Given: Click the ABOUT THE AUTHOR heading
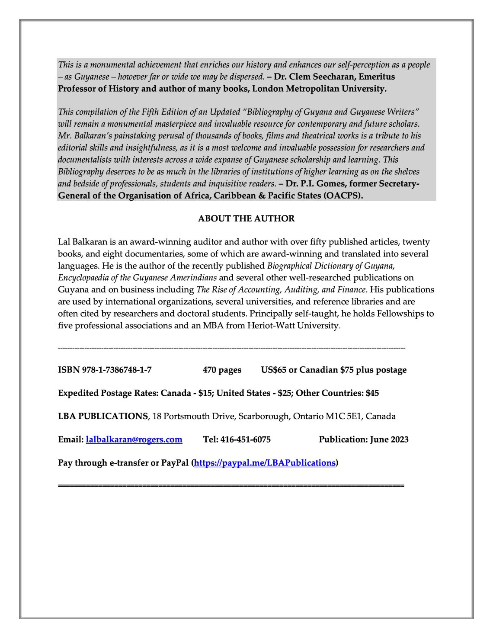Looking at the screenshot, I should [246, 219].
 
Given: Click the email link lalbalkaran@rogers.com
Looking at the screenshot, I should [134, 440].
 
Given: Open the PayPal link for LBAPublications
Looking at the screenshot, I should [265, 463].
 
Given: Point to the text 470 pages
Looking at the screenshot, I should [222, 370].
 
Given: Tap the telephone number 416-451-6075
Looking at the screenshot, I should [245, 440].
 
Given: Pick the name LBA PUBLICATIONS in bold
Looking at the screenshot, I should [103, 417].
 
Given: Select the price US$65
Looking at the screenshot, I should [273, 370].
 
